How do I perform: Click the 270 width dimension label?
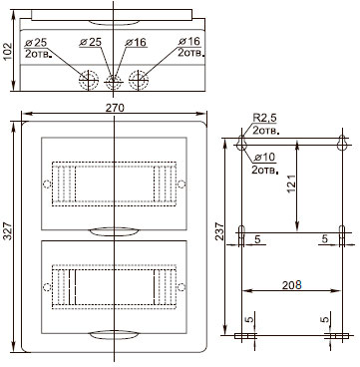click(x=115, y=108)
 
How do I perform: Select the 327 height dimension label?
click(x=8, y=231)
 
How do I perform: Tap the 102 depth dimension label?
click(x=8, y=51)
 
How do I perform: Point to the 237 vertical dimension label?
click(x=219, y=231)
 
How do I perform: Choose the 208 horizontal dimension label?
click(x=291, y=285)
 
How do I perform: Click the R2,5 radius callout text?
click(x=264, y=118)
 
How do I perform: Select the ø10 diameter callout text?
click(x=264, y=157)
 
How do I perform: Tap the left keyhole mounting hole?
click(x=241, y=144)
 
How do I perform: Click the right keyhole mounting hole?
click(x=342, y=144)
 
